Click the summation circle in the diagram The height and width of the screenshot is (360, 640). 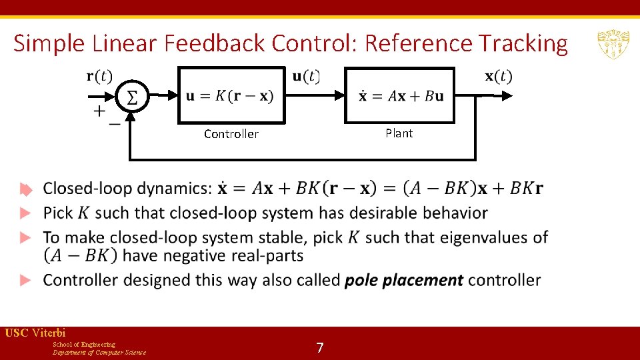tap(132, 97)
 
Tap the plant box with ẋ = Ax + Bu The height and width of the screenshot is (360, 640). tap(399, 95)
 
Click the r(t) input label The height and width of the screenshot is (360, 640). tap(99, 75)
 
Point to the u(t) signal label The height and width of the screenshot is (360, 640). tap(305, 76)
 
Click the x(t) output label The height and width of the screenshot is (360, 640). tap(498, 76)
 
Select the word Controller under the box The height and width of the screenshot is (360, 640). tap(231, 134)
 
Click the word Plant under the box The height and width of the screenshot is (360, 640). tap(399, 133)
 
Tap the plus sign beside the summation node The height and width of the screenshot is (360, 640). tap(99, 111)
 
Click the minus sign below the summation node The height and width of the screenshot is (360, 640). tap(115, 123)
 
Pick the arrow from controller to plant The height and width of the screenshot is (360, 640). tap(313, 96)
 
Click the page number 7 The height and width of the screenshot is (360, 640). tap(320, 347)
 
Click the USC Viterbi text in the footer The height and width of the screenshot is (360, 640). tap(35, 333)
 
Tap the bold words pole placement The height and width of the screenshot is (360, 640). tap(403, 280)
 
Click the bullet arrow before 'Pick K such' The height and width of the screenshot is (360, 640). tap(25, 213)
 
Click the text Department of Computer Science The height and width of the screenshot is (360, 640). tap(99, 352)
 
